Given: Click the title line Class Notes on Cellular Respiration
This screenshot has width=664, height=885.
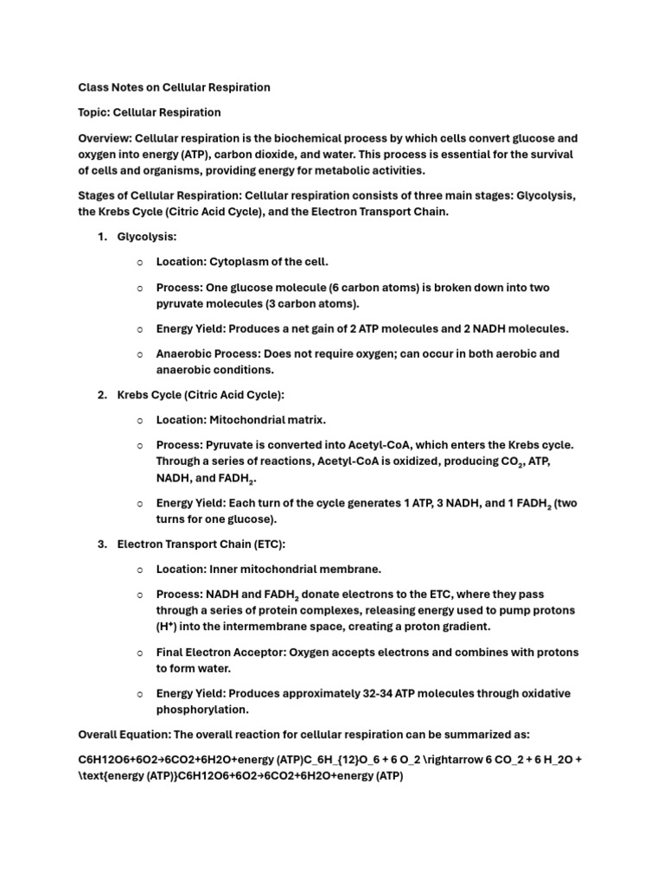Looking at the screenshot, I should [x=174, y=87].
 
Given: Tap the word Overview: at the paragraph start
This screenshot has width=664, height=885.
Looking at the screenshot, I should [x=105, y=138].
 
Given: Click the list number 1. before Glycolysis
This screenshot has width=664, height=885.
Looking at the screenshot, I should [x=101, y=237].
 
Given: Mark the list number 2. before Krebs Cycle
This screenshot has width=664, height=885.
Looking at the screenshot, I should [x=101, y=395].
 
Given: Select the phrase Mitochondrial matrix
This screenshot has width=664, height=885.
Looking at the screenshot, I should [x=268, y=420].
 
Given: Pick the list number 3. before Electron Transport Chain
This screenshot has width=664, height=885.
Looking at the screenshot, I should [x=101, y=544].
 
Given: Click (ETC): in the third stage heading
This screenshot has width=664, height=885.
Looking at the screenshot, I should [x=263, y=544].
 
